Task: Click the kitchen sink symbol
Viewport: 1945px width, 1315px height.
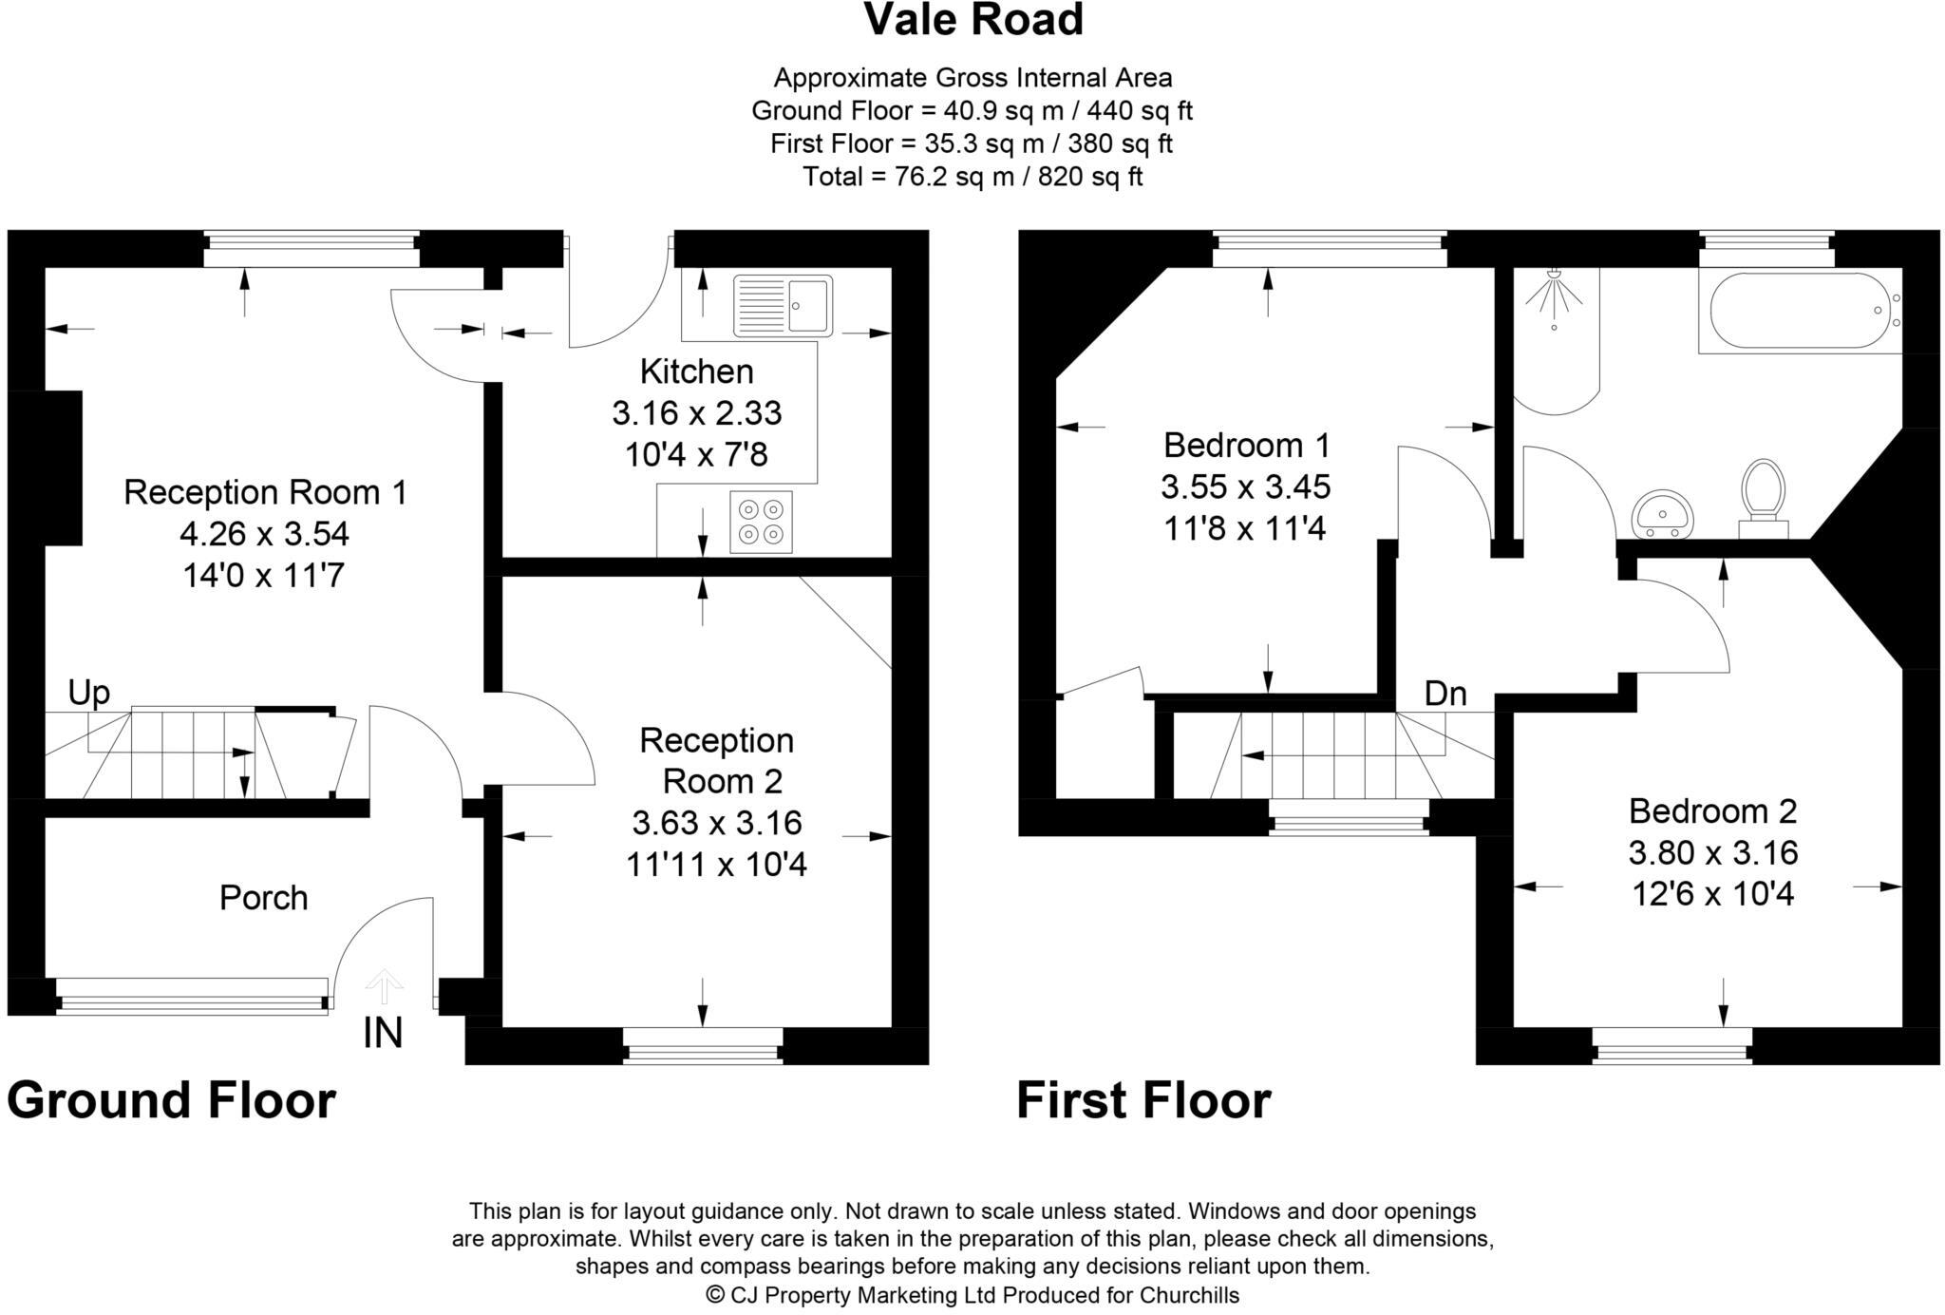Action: coord(783,305)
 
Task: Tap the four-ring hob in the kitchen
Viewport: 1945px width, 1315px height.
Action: coord(761,522)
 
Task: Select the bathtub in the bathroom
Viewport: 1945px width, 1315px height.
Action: coord(1800,311)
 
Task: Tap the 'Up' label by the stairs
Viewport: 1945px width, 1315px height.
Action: coord(88,694)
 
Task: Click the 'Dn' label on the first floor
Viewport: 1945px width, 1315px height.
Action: coord(1445,695)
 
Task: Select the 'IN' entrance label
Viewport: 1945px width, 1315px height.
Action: coord(383,1034)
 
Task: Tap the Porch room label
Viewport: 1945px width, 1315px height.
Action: coord(263,898)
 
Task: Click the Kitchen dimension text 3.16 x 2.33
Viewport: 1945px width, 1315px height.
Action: coord(696,413)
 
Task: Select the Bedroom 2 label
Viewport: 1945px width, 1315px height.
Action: coord(1712,810)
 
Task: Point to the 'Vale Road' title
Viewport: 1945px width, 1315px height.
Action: coord(972,21)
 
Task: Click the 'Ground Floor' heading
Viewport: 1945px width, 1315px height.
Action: coord(171,1100)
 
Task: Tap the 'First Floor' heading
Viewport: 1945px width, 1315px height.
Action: coord(1143,1100)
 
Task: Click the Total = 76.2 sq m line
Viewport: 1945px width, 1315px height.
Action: coord(972,177)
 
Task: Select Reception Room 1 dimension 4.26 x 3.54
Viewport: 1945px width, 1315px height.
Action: coord(264,534)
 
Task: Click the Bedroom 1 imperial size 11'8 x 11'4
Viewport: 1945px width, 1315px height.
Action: coord(1244,528)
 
